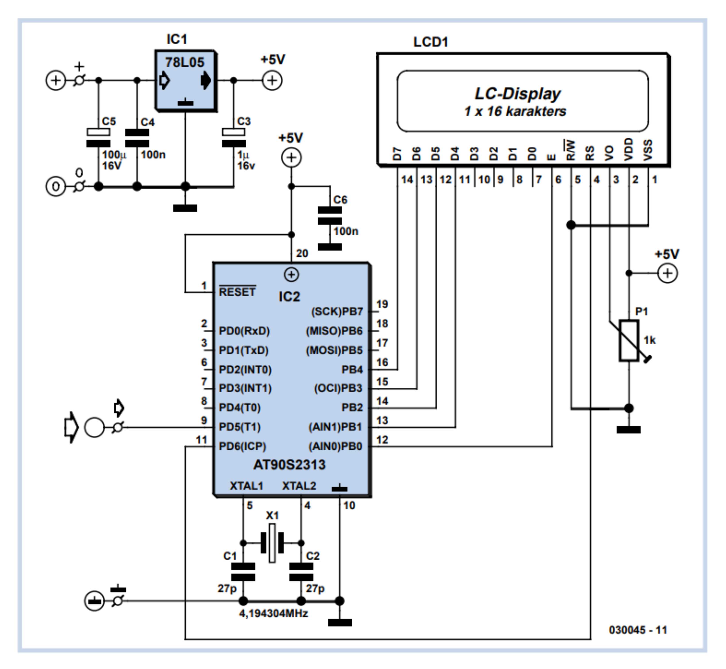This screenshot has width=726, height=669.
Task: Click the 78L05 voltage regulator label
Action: click(x=185, y=62)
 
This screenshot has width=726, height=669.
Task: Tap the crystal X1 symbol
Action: click(x=272, y=543)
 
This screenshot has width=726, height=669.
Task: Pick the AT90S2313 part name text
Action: click(x=289, y=465)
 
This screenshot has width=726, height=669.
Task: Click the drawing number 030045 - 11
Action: click(x=638, y=630)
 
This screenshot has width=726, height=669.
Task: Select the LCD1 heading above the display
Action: click(x=431, y=42)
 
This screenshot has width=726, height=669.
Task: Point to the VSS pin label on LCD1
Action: click(x=648, y=150)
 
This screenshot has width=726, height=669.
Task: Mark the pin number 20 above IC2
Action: click(x=302, y=253)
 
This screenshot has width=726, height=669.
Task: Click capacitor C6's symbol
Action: click(x=330, y=215)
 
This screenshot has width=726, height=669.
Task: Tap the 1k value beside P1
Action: click(x=650, y=340)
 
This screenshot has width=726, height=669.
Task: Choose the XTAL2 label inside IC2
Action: click(x=299, y=486)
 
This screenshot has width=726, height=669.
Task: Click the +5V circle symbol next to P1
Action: click(x=667, y=273)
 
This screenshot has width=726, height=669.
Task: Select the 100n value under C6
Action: click(x=346, y=231)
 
